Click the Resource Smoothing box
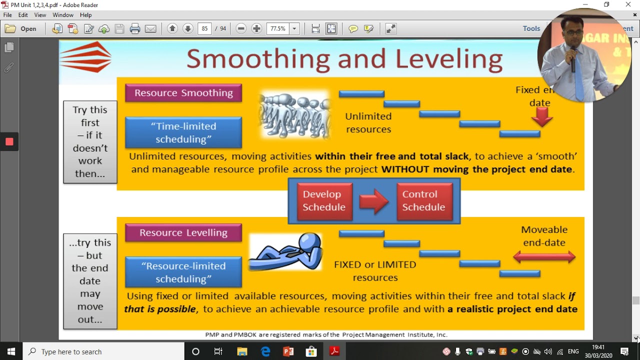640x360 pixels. coord(183,93)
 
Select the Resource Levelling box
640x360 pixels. coord(183,233)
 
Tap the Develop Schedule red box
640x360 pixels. coord(324,201)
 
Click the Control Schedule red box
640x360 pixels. coord(423,201)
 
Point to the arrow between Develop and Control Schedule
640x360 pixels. coord(374,201)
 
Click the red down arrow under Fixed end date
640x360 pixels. coord(541,118)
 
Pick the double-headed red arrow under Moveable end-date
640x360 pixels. coord(544,257)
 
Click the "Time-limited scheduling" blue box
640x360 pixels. coord(183,132)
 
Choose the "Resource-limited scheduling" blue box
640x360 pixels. coord(183,272)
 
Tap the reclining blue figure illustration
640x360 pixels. coord(285,251)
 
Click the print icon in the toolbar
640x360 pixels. coord(135,29)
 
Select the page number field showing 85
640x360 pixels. coord(204,29)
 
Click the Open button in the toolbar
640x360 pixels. coord(21,29)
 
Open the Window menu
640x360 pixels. coord(63,15)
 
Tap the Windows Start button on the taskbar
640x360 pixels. coord(11,351)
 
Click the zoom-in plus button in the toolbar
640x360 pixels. coord(256,29)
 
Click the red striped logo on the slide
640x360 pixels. coord(85,57)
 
